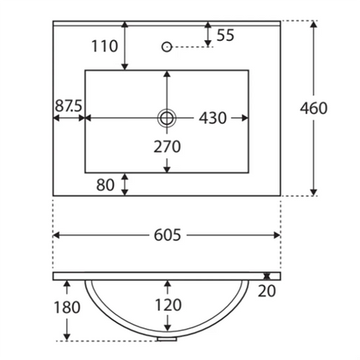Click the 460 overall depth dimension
pos(314,108)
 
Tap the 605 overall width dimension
pos(167,235)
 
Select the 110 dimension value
pos(105,46)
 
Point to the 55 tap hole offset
pos(225,35)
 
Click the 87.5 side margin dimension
pos(68,106)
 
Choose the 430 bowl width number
pos(213,118)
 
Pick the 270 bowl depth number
pos(167,147)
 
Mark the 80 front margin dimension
pos(105,185)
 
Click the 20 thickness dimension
pos(266,291)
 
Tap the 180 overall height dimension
pos(67,307)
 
